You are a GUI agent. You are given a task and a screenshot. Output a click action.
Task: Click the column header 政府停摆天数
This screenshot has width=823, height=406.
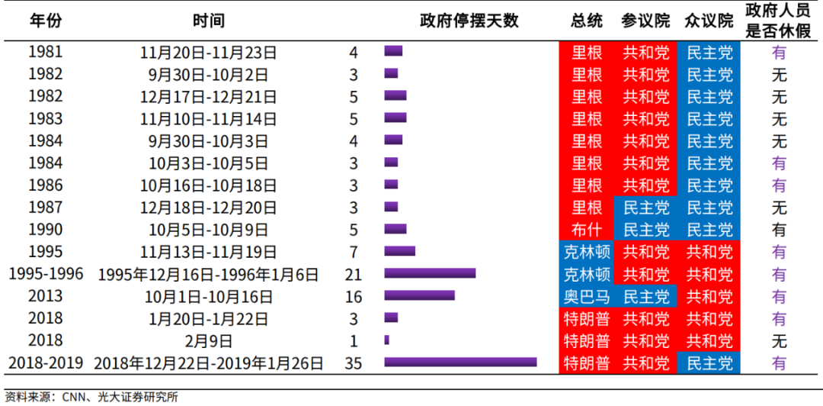tap(469, 21)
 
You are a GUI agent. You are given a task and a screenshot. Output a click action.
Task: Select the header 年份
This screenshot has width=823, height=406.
tap(45, 21)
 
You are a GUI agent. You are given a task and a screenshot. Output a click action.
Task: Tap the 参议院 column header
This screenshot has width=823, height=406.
tap(645, 21)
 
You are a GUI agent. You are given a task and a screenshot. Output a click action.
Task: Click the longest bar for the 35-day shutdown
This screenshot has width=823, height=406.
tap(460, 362)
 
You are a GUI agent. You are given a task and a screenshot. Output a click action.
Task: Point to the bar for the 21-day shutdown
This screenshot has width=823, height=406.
tap(430, 274)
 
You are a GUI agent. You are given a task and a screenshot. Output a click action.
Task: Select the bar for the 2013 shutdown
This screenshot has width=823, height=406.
tap(419, 296)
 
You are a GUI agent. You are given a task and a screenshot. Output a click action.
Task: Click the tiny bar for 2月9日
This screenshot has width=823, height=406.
tap(386, 340)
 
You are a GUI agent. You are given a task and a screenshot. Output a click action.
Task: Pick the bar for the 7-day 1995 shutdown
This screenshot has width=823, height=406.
tap(399, 252)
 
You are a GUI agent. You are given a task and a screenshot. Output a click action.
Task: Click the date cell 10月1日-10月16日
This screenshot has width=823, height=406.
tap(208, 297)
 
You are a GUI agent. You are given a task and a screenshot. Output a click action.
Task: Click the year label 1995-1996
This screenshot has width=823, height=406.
tap(45, 274)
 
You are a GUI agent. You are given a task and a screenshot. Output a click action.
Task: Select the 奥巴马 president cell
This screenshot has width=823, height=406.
tap(587, 297)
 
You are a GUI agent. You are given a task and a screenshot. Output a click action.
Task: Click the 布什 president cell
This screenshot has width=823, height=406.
tap(587, 230)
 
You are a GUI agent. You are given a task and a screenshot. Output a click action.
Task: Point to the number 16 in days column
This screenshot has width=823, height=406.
tap(353, 297)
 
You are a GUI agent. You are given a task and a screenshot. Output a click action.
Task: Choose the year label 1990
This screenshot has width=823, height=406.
tap(45, 230)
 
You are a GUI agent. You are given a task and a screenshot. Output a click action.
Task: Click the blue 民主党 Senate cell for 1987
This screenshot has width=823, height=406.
tap(645, 208)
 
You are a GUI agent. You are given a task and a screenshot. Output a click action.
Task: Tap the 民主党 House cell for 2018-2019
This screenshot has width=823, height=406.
tap(709, 363)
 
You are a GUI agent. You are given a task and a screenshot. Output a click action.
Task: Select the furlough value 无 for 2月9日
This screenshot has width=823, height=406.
tap(778, 341)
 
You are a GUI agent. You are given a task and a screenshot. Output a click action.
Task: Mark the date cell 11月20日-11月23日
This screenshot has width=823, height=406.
tap(208, 53)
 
